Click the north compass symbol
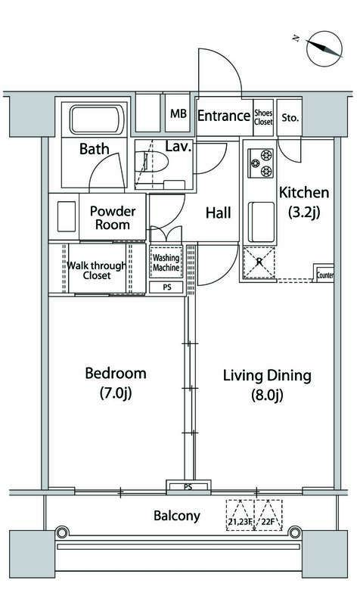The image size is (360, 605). point(324,48)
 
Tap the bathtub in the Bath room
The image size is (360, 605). point(97,119)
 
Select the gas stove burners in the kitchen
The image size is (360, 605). point(261,163)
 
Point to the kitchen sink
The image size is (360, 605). point(261,222)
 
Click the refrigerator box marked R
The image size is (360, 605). point(259,262)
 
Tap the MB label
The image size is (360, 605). point(178,113)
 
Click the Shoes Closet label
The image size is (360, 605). point(263,117)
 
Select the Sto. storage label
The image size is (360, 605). point(290,118)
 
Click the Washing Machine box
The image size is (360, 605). point(166,262)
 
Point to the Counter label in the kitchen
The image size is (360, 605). point(325,275)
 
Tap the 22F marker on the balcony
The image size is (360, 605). point(268,515)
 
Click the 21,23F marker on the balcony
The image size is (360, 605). point(240,515)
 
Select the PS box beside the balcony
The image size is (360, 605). point(188,487)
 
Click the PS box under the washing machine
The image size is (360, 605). point(166,287)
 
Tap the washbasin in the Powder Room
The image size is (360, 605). point(67,216)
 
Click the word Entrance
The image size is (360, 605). point(224,116)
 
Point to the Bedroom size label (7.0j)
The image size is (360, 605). point(116,393)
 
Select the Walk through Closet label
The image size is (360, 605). point(97,271)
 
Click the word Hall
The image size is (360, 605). point(219,213)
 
